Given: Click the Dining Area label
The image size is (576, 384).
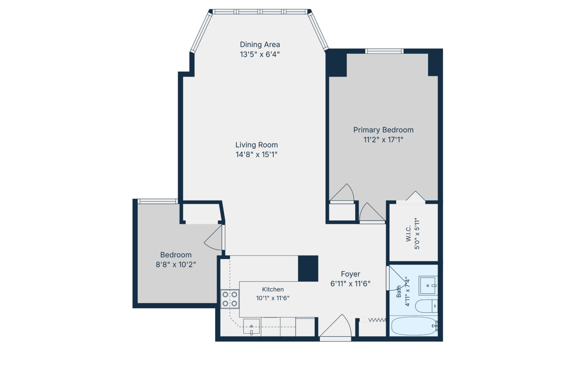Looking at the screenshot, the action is (260, 44).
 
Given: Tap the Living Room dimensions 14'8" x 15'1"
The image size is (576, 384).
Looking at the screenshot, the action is (256, 155).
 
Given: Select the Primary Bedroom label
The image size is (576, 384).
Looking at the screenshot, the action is (383, 130).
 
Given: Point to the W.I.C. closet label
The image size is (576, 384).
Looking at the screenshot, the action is (408, 234).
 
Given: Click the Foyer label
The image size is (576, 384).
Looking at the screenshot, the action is (351, 274).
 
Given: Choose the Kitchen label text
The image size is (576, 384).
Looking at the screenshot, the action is (273, 289).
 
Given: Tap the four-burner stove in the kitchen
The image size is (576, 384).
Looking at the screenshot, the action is (230, 299).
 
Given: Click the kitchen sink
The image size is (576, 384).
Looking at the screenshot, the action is (252, 326).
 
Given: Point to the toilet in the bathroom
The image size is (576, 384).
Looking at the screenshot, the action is (426, 306).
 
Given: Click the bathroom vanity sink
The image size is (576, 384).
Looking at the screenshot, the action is (428, 286).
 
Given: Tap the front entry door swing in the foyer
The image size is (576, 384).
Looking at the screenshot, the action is (335, 326).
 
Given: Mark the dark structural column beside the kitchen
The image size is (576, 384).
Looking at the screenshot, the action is (308, 268).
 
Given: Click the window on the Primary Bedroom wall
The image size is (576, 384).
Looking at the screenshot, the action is (384, 51).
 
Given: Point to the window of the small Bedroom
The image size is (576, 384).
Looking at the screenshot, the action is (158, 201).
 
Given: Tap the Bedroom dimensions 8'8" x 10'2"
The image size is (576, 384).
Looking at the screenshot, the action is (176, 265).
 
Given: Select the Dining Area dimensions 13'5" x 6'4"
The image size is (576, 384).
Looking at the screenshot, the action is (260, 54).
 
